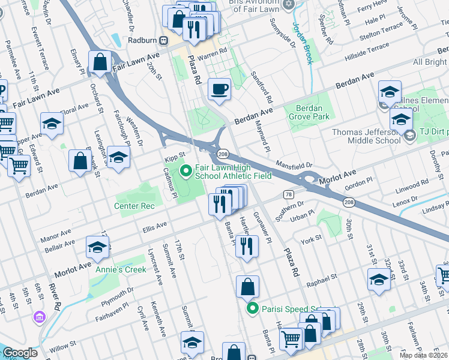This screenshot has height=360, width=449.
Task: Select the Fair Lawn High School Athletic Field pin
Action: (x=186, y=172)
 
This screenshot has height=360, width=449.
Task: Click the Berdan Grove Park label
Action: (x=309, y=112)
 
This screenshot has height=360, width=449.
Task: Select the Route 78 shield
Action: (x=289, y=194)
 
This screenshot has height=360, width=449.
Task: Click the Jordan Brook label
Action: (x=302, y=36)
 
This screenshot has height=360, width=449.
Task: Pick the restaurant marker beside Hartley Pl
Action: (x=247, y=245)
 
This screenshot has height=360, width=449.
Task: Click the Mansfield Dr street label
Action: (x=295, y=164)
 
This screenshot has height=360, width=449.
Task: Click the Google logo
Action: (x=20, y=353)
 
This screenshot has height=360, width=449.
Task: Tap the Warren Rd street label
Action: (x=214, y=52)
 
